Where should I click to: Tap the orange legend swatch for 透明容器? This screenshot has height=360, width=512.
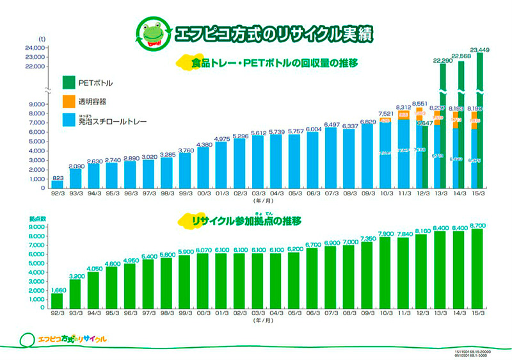pos(69,101)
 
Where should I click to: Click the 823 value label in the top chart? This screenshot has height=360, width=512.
pos(57,176)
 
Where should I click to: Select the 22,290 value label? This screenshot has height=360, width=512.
pos(442,60)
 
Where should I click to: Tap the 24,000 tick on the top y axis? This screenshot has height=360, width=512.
pos(33,47)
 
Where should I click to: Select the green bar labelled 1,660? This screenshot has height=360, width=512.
pos(57,300)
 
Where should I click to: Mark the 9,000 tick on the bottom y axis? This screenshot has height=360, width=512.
pos(37,227)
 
